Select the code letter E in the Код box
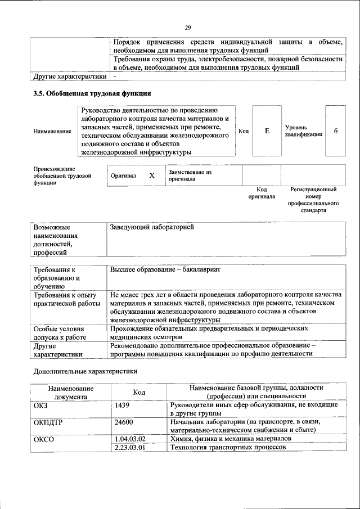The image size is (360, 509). click(267, 130)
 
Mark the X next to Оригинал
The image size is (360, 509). click(151, 175)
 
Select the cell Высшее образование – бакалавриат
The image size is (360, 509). click(165, 269)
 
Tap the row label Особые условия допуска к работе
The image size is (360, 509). click(59, 332)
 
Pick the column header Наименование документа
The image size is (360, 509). click(71, 392)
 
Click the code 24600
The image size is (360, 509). click(124, 422)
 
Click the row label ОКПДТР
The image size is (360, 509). click(48, 422)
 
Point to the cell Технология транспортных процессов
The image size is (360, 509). click(228, 447)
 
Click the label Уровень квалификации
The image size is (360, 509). click(304, 131)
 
